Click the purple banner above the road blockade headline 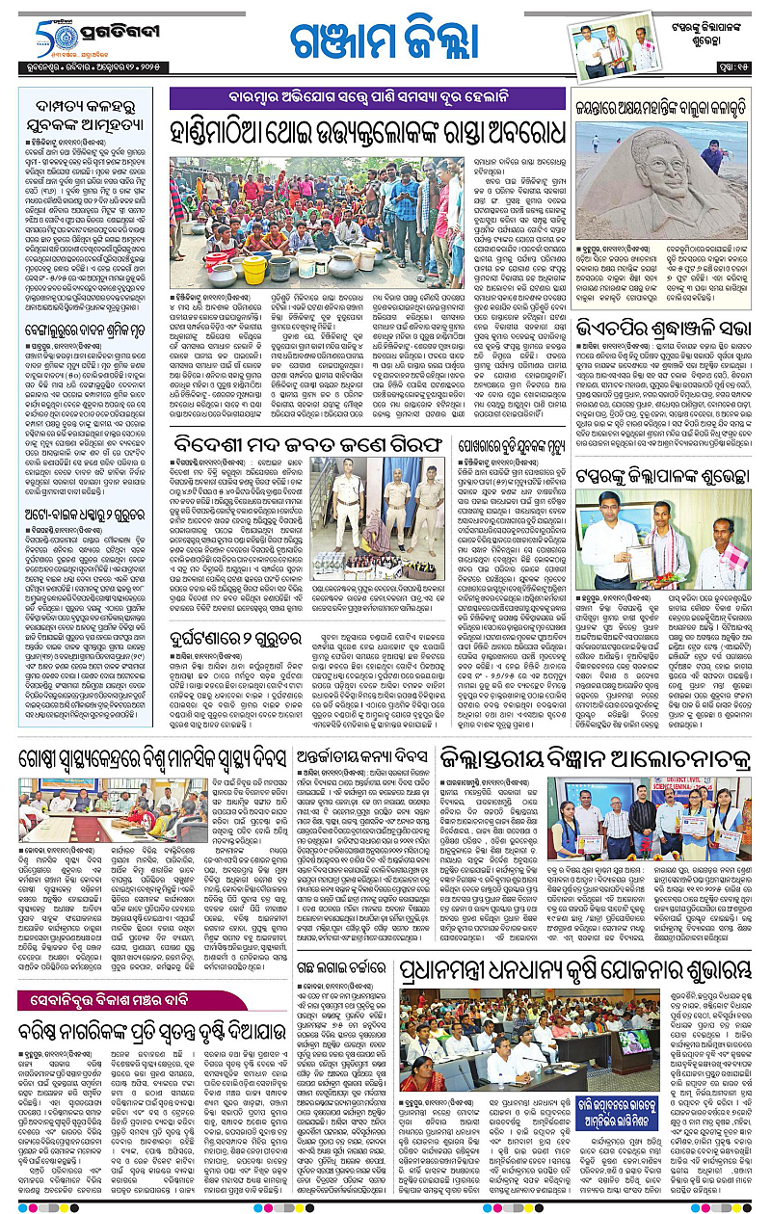pos(367,98)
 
